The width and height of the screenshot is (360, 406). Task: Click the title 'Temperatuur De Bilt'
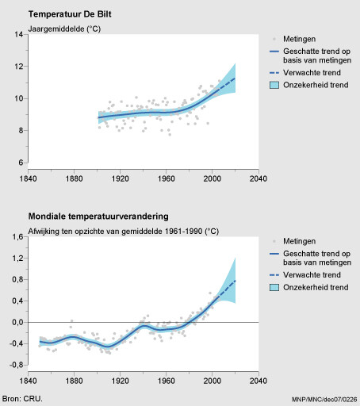70,14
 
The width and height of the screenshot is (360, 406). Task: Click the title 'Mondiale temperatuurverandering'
98,216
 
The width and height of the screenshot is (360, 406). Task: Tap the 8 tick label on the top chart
21,131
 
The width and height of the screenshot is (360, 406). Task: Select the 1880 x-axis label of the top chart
74,178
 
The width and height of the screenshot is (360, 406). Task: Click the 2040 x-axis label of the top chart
259,178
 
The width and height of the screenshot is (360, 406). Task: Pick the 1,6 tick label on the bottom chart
17,237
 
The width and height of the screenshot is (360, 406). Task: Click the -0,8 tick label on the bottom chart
17,365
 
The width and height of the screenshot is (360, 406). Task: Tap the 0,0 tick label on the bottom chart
17,322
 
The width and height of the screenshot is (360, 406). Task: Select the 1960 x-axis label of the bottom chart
167,381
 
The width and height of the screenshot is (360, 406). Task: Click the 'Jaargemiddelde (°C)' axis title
64,29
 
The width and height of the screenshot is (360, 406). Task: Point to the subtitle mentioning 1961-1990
124,232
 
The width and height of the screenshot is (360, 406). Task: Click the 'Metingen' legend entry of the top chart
299,39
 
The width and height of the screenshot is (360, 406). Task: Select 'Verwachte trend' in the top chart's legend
312,73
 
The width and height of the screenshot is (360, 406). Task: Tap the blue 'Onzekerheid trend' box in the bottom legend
274,287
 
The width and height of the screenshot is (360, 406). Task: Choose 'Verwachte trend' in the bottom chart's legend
312,275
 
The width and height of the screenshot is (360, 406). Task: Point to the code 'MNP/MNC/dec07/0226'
324,399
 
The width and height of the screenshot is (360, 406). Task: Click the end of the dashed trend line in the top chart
235,79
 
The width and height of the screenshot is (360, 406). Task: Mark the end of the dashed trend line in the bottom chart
236,281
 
